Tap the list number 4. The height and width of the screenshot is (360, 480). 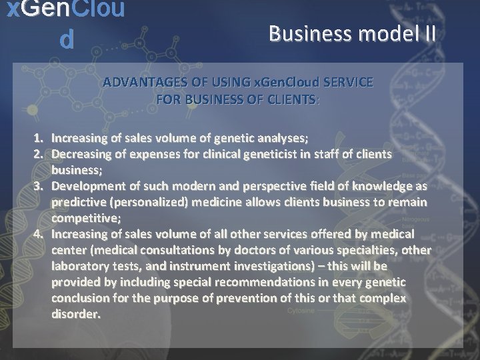(39, 234)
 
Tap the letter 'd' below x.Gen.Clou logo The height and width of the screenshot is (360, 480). (65, 40)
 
